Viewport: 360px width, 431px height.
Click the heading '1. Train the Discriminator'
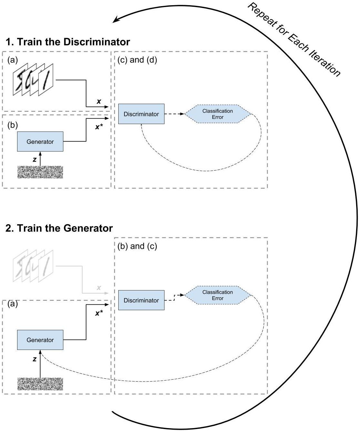pos(68,42)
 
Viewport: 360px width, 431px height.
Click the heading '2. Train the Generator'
pos(59,228)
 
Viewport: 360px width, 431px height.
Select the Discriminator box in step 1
pos(141,114)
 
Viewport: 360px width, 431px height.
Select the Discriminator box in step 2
pos(141,300)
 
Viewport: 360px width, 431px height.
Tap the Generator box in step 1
pos(40,142)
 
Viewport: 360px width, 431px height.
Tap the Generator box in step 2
pos(40,340)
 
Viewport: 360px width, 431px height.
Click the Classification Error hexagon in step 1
pos(217,114)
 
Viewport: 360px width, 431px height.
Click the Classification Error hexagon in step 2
pos(217,295)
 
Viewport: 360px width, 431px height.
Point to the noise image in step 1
pos(40,172)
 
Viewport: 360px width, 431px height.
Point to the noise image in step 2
pos(40,384)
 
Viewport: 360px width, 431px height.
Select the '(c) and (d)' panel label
pos(137,60)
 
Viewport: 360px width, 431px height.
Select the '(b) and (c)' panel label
pos(137,246)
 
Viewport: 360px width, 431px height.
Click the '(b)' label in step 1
pos(12,125)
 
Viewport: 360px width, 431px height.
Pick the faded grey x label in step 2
pos(99,288)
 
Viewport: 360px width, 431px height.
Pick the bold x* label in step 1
pos(99,127)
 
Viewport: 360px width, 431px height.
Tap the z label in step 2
pos(35,359)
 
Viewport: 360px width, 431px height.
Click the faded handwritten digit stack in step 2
pos(33,265)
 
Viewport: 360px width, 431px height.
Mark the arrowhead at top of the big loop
pos(115,20)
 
